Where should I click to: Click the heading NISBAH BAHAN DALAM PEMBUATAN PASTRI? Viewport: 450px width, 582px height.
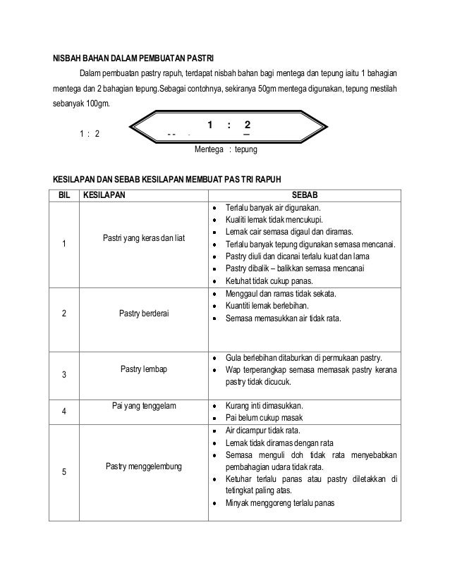135,57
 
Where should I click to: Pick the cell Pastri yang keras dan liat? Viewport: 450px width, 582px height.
143,238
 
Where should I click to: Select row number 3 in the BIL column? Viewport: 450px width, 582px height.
64,375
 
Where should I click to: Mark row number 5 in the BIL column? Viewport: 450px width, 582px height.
64,472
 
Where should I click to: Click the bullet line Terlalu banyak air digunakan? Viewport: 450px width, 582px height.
272,209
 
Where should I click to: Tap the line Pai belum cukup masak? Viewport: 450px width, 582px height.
260,418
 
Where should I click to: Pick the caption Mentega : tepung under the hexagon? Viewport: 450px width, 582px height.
226,150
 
